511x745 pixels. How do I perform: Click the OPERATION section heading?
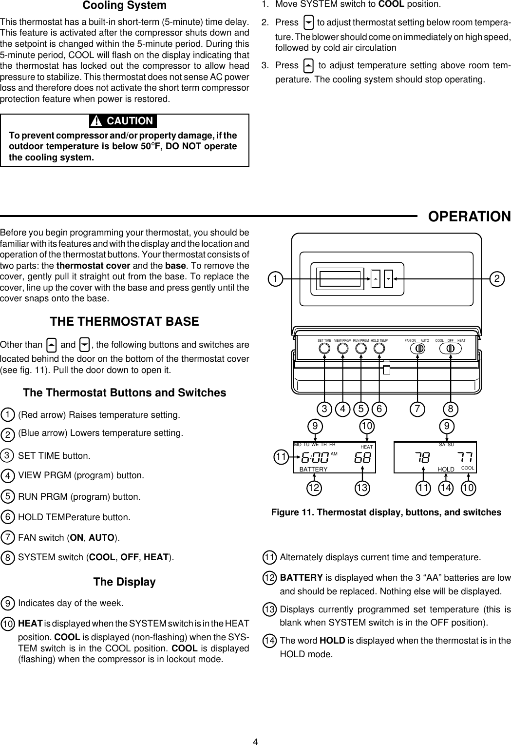coord(469,216)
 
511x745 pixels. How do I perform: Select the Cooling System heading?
coord(124,6)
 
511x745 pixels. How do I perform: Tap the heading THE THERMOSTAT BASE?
coord(124,322)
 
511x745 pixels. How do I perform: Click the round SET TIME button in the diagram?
coord(325,349)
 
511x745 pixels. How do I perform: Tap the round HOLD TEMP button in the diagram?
coord(379,349)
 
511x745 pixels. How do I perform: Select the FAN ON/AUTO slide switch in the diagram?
coord(418,349)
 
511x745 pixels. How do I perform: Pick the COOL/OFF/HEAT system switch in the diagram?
coord(451,349)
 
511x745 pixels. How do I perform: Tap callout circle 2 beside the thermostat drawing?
coord(497,279)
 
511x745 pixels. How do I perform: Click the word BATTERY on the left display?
coord(313,469)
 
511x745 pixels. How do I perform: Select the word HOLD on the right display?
coord(446,469)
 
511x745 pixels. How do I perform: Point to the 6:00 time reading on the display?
coord(314,458)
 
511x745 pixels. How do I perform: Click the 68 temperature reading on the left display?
coord(363,458)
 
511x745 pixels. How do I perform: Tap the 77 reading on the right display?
coord(465,458)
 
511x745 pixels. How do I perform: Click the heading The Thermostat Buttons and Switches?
coord(124,393)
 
